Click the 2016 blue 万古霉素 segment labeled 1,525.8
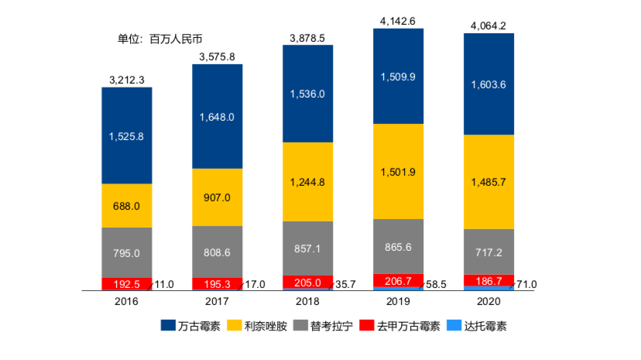(127, 135)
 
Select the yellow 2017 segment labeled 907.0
(218, 197)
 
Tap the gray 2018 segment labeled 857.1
(307, 249)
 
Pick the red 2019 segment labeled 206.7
(398, 280)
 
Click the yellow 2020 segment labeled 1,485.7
(488, 182)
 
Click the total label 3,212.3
(127, 79)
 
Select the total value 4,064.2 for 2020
(488, 26)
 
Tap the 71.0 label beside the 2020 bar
(526, 285)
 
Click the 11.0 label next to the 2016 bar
(164, 285)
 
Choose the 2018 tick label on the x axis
(307, 301)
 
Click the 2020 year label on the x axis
(488, 301)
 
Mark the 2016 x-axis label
(127, 301)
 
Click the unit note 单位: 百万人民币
(159, 39)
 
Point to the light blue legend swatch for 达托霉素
(454, 327)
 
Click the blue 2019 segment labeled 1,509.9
(398, 77)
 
